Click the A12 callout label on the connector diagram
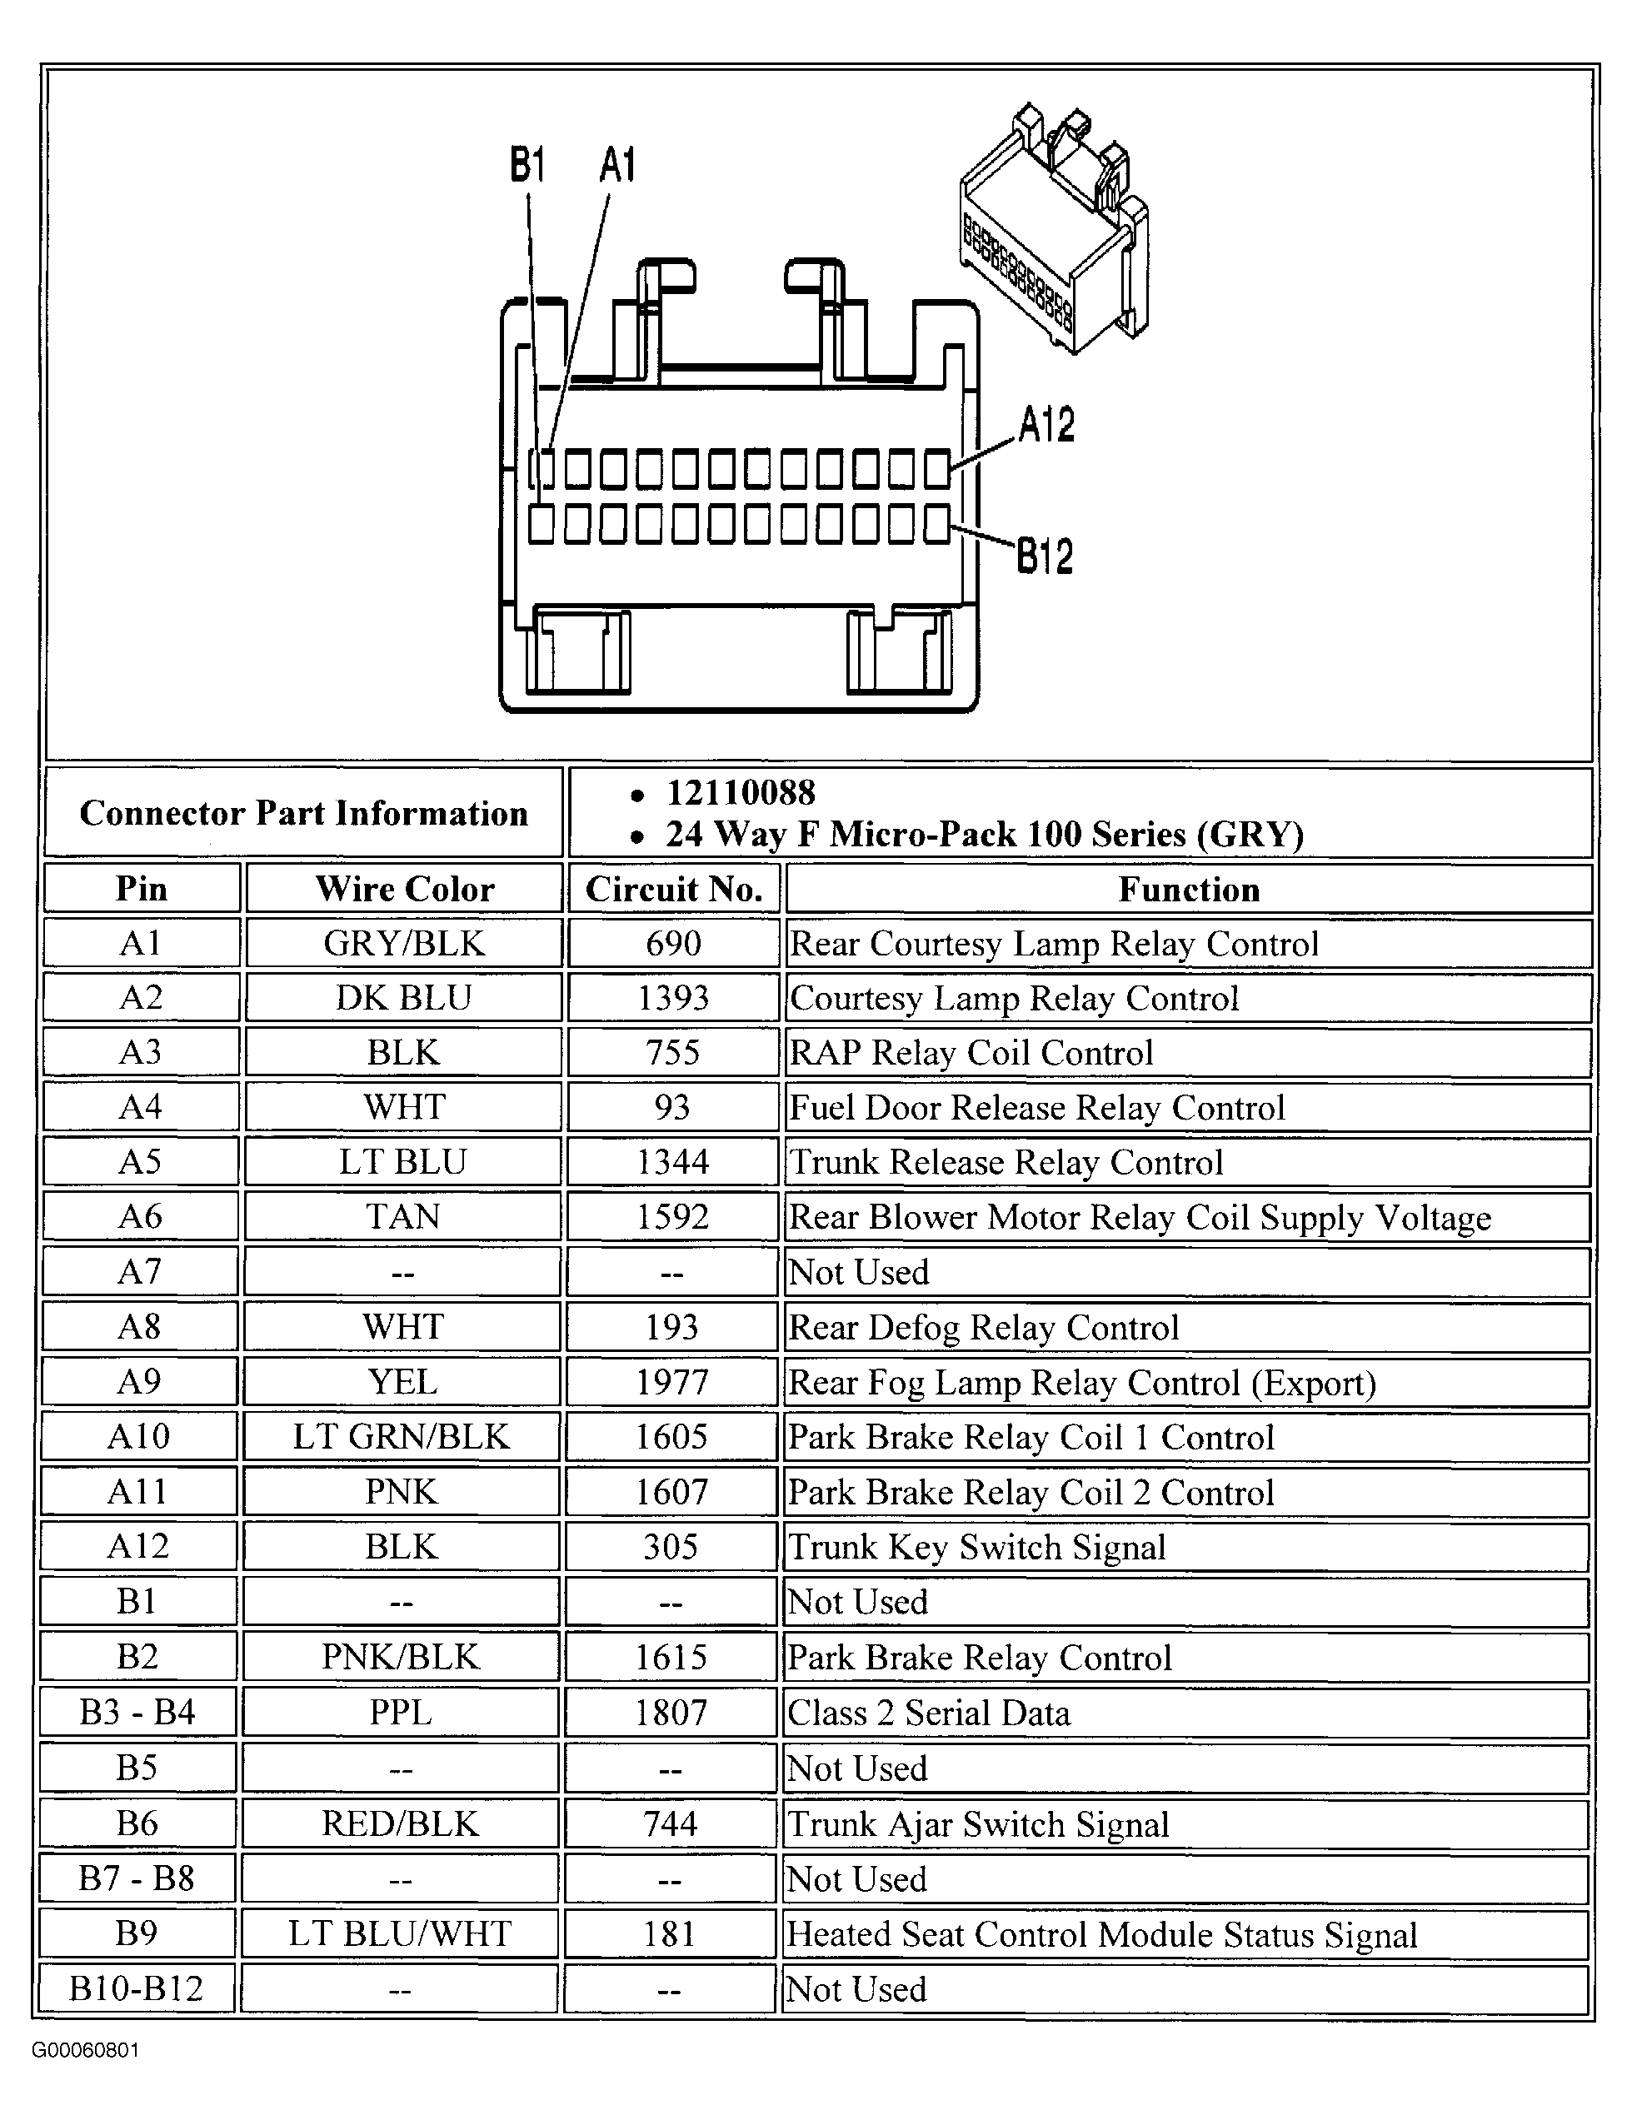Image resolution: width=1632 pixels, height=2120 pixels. pyautogui.click(x=1046, y=425)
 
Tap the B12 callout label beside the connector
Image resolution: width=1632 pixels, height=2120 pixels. pyautogui.click(x=1045, y=556)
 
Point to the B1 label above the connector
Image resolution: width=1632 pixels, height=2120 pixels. pyautogui.click(x=527, y=165)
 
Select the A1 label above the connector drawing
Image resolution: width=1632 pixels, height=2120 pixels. pyautogui.click(x=617, y=165)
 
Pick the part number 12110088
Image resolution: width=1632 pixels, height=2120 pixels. pyautogui.click(x=740, y=793)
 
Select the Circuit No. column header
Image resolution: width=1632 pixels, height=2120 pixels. pyautogui.click(x=674, y=889)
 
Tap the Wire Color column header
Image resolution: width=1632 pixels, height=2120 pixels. pyautogui.click(x=404, y=889)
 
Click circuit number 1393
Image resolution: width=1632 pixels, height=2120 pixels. pyautogui.click(x=673, y=998)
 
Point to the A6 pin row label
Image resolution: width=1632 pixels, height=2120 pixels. pyautogui.click(x=141, y=1216)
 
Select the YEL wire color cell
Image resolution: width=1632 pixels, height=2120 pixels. pyautogui.click(x=402, y=1381)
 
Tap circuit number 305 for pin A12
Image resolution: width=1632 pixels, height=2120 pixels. pyautogui.click(x=671, y=1546)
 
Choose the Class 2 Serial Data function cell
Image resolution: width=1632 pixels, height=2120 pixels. pyautogui.click(x=929, y=1713)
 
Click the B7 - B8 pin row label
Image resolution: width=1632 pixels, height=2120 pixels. pyautogui.click(x=137, y=1878)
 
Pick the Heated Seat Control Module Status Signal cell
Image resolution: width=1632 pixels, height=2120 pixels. pyautogui.click(x=1102, y=1934)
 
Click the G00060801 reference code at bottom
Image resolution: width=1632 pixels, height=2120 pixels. pyautogui.click(x=86, y=2050)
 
